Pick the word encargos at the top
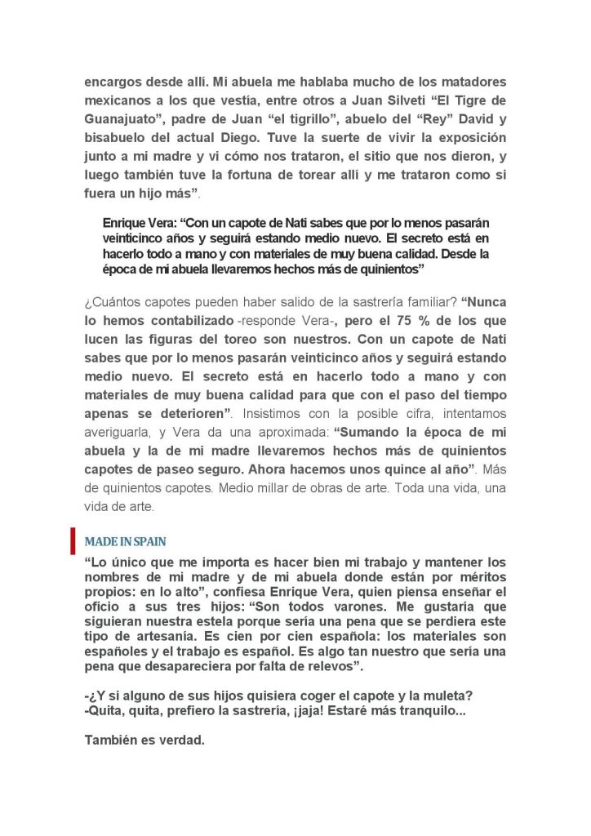115,82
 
